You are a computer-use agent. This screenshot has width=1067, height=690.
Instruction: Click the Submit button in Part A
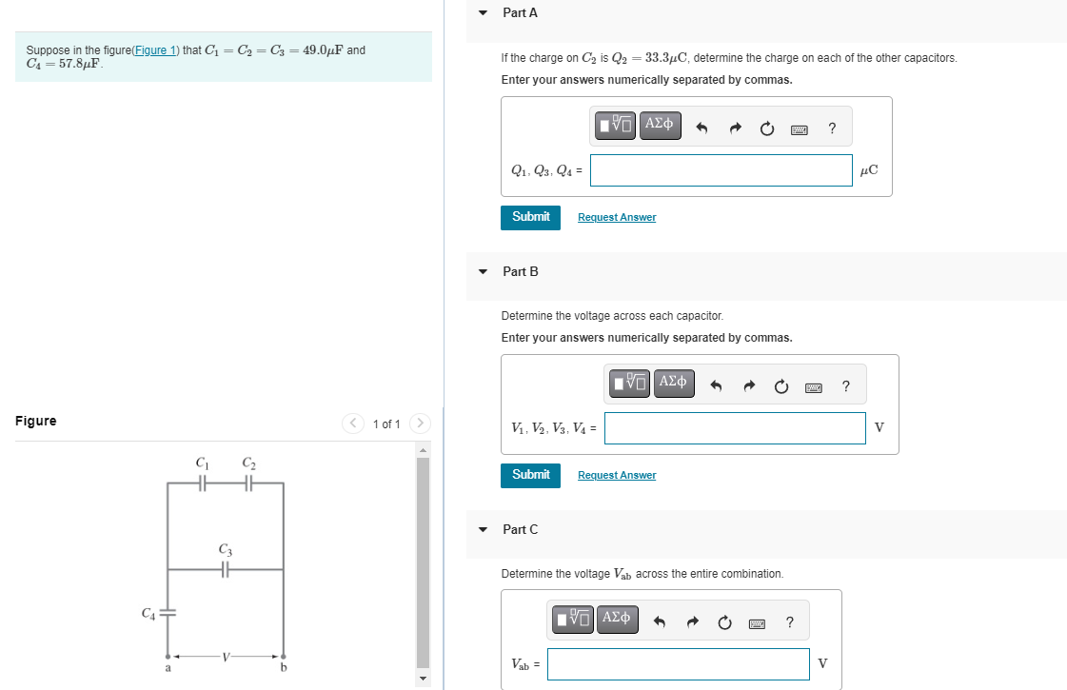[x=530, y=217]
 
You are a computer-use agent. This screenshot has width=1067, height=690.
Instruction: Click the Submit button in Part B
[x=530, y=475]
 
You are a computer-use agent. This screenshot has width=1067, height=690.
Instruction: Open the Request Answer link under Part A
[x=617, y=218]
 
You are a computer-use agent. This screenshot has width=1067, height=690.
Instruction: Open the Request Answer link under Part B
[x=617, y=476]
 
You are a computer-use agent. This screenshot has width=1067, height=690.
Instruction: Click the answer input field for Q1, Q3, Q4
[x=721, y=170]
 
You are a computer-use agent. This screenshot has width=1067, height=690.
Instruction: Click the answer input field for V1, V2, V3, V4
[x=735, y=428]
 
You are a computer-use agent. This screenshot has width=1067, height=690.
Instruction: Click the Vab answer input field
[x=678, y=664]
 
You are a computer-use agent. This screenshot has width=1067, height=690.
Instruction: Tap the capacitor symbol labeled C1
[x=203, y=483]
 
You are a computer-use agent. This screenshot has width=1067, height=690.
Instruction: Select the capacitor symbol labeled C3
[x=226, y=570]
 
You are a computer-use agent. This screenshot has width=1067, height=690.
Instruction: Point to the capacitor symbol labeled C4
[x=168, y=613]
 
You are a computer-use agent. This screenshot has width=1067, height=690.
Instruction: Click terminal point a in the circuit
[x=168, y=657]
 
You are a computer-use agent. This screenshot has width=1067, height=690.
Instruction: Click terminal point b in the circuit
[x=283, y=657]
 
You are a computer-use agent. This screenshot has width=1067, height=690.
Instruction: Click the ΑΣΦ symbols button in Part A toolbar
[x=660, y=125]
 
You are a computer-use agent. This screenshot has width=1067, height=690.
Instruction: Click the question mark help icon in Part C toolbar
[x=789, y=622]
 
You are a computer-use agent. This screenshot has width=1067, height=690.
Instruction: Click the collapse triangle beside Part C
[x=483, y=530]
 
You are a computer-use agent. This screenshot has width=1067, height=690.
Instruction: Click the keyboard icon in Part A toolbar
[x=800, y=128]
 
